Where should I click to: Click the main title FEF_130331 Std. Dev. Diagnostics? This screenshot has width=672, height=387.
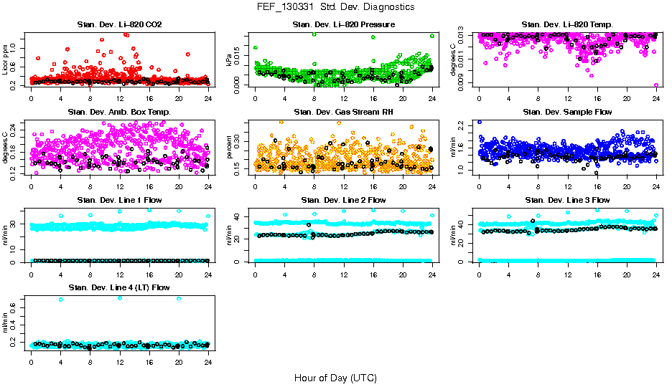click(x=335, y=6)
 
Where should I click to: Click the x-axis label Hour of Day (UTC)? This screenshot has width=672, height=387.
click(x=335, y=377)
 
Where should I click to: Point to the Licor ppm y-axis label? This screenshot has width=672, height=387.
click(x=6, y=59)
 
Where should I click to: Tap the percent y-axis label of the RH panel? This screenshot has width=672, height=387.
click(x=230, y=148)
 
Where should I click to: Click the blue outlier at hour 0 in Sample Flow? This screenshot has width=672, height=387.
click(x=480, y=123)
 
